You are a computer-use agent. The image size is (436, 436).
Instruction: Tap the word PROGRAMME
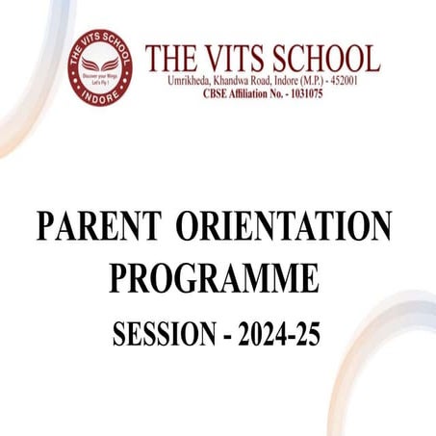213,279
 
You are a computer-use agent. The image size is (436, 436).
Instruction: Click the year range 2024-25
278,334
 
